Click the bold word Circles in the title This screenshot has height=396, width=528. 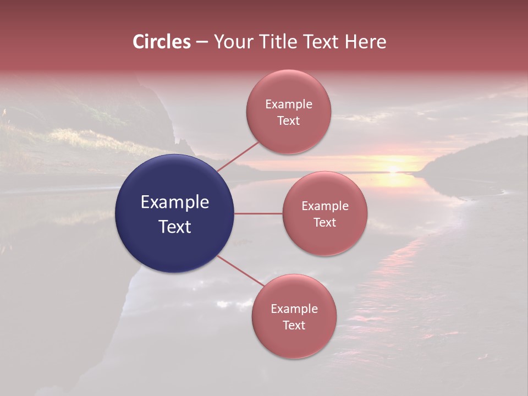pos(162,42)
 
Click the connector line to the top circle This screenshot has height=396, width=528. pos(238,156)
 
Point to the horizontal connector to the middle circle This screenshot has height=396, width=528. pos(258,213)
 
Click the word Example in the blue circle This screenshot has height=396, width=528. pos(175,202)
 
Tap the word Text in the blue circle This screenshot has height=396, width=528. pos(175,227)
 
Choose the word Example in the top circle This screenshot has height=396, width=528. pos(289,105)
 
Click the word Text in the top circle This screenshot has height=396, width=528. pos(289,121)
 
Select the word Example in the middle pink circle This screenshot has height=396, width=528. pos(325,206)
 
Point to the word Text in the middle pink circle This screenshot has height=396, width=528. pos(325,223)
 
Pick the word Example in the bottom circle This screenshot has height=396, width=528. pos(294,309)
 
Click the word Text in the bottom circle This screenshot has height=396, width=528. pos(294,326)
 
